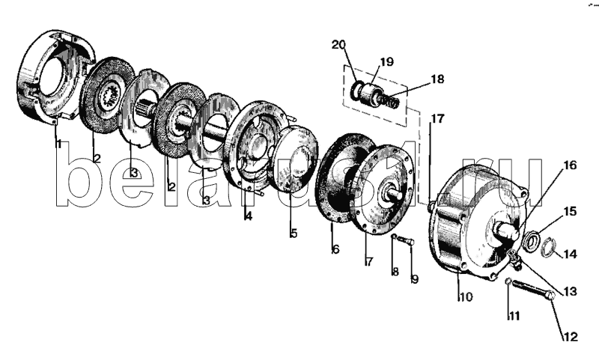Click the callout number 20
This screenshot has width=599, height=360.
[x=338, y=45]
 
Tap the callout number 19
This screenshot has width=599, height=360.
[x=386, y=61]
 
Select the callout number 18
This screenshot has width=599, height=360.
[x=437, y=79]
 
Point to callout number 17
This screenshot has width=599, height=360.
[x=438, y=119]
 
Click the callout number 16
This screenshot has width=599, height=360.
[x=570, y=165]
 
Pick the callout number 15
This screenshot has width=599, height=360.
[x=570, y=211]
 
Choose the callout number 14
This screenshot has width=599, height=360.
[x=570, y=254]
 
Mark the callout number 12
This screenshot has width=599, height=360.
[x=571, y=337]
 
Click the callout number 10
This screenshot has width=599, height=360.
[x=466, y=296]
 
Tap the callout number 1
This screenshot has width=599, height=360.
[x=58, y=144]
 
